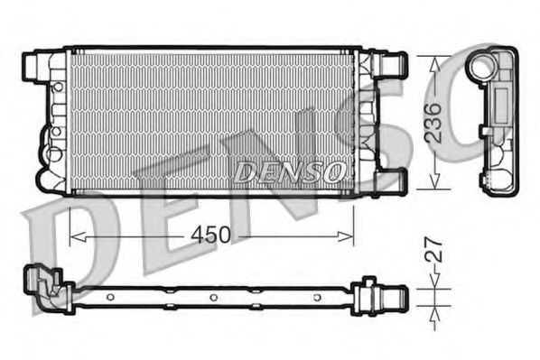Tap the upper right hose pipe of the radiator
(394, 64)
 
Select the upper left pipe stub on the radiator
(33, 65)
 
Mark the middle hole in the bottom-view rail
(211, 298)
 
